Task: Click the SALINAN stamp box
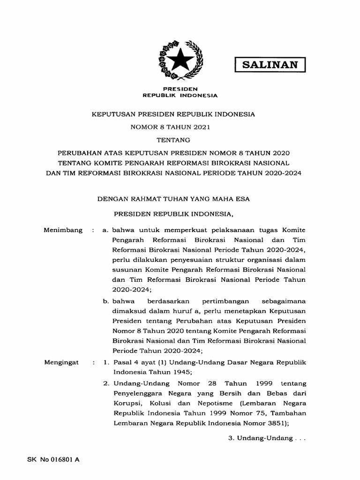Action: click(270, 65)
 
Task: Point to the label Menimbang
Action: click(63, 230)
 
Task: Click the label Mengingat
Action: click(61, 362)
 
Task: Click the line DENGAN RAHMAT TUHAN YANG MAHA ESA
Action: click(173, 199)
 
